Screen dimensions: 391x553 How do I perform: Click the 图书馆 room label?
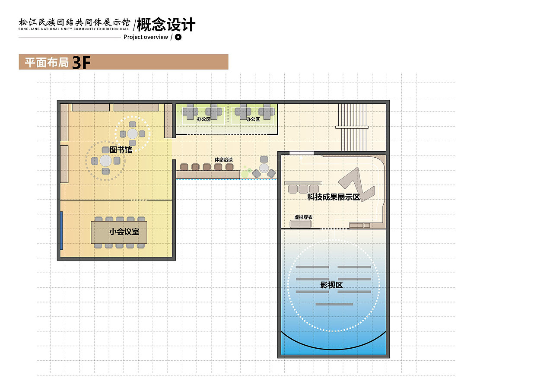(x=121, y=150)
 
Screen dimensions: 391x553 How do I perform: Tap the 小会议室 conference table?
(x=119, y=232)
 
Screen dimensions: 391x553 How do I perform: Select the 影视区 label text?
(x=331, y=285)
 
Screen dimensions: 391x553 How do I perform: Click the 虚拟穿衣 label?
(x=303, y=217)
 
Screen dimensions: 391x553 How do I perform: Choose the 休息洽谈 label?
(x=223, y=159)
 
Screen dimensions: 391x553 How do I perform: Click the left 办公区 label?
(x=203, y=119)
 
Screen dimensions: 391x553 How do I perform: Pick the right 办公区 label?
(x=253, y=119)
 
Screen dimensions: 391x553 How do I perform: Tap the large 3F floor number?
(x=81, y=63)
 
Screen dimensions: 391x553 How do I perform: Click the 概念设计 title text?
(x=166, y=25)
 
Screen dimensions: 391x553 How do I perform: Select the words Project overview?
(x=146, y=37)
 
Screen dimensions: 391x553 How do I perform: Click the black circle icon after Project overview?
(x=178, y=37)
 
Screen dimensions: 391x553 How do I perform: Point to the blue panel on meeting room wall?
(x=61, y=230)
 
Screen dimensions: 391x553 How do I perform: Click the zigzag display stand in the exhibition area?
(x=357, y=184)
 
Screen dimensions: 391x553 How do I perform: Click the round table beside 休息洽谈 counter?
(x=264, y=168)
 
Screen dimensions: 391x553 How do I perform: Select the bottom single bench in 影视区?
(x=335, y=304)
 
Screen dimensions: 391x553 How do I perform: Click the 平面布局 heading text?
(x=47, y=63)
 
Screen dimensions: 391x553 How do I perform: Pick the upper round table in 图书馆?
(x=132, y=134)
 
